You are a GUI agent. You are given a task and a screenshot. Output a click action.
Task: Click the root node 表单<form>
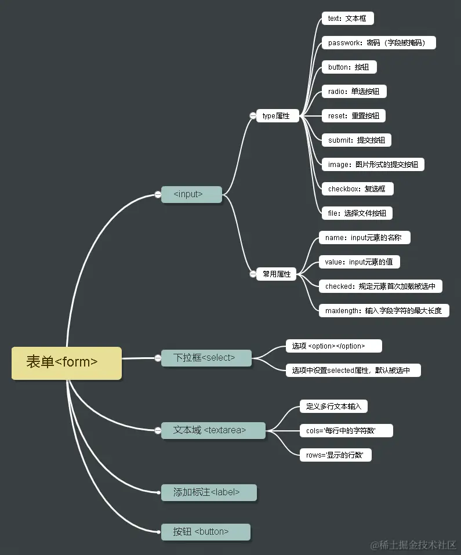(x=67, y=363)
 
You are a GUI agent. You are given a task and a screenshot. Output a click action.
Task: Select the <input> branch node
(x=191, y=194)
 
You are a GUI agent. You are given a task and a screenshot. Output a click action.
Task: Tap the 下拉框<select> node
(x=206, y=358)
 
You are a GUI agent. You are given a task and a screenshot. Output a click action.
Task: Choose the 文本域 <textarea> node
(x=213, y=430)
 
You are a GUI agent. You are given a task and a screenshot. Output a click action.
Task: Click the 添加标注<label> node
(x=208, y=492)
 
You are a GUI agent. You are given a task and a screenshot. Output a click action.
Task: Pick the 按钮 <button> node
(x=205, y=532)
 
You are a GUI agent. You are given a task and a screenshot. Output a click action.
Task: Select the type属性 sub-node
(x=277, y=116)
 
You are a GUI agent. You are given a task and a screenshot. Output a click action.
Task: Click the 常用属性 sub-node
(x=277, y=274)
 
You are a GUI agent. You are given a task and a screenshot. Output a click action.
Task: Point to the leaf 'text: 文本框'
(x=347, y=19)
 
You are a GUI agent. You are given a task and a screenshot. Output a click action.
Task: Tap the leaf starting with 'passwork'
(x=379, y=43)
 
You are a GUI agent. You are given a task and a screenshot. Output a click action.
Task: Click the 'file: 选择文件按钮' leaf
(x=357, y=213)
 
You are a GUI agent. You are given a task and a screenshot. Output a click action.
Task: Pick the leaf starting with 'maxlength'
(x=383, y=310)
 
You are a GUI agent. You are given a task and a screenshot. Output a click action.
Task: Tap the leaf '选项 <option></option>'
(x=333, y=346)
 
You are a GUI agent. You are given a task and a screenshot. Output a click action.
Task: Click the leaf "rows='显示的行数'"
(x=335, y=455)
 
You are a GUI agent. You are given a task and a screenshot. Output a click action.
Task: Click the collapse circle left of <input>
(x=158, y=195)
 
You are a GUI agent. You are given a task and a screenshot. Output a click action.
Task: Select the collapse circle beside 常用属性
(x=252, y=274)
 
